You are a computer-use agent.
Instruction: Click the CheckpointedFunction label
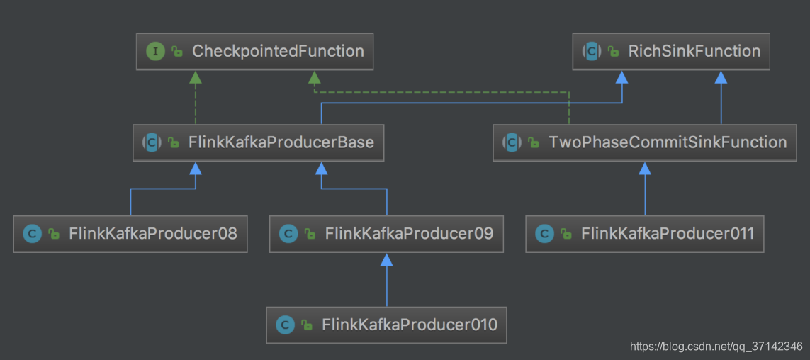tap(278, 51)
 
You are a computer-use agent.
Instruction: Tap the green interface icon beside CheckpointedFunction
tap(155, 51)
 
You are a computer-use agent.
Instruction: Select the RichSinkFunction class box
tap(671, 51)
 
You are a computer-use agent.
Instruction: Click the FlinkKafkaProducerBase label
tap(281, 142)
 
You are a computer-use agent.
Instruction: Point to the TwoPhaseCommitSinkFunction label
tap(668, 142)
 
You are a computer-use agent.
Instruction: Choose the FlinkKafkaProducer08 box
tap(130, 233)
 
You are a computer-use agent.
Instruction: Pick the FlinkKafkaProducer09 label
tap(409, 233)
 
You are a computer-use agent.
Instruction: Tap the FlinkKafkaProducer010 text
tap(409, 325)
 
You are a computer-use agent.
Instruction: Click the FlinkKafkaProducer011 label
tap(668, 233)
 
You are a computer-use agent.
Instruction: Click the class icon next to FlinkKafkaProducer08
tap(32, 234)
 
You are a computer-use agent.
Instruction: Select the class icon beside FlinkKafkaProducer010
tap(285, 325)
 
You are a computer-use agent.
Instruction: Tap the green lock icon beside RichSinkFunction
tap(613, 52)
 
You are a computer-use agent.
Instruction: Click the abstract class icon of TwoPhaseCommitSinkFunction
tap(512, 142)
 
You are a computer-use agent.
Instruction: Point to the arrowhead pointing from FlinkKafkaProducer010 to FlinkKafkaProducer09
tap(386, 259)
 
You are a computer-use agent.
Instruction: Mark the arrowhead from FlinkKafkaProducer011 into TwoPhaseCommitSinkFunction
tap(645, 168)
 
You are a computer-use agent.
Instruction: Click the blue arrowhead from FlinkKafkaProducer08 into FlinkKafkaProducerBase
tap(196, 168)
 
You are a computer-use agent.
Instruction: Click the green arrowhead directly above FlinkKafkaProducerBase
tap(196, 77)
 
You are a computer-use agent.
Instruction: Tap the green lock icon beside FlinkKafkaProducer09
tap(310, 234)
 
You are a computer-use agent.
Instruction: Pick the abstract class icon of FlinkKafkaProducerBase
tap(152, 142)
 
